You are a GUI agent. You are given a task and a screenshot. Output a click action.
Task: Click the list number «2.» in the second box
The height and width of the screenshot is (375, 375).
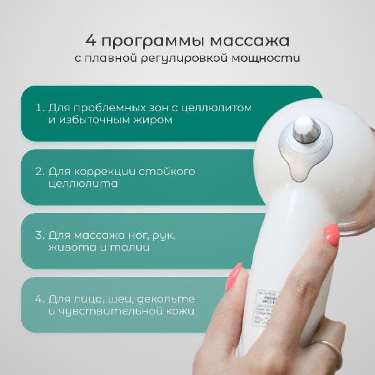pyautogui.click(x=41, y=171)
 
